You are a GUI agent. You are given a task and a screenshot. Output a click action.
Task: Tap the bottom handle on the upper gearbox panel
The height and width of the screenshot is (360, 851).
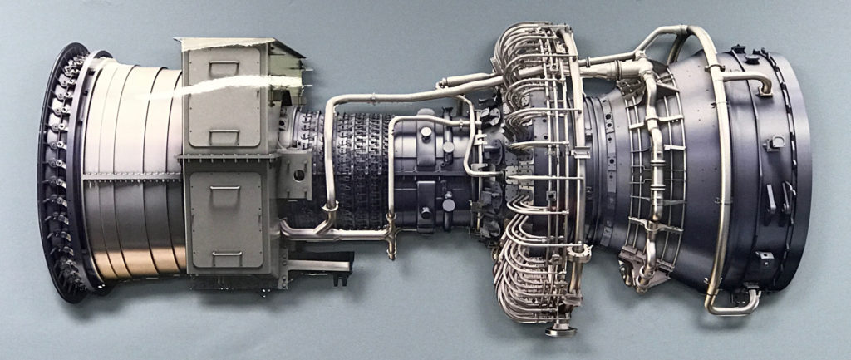225,132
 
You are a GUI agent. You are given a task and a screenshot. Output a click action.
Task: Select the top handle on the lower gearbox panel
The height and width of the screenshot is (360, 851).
225,189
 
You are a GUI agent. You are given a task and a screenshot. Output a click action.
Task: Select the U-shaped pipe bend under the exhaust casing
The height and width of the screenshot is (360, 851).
731,304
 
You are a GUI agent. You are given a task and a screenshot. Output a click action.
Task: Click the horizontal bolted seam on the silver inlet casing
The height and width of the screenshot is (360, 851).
133,175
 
